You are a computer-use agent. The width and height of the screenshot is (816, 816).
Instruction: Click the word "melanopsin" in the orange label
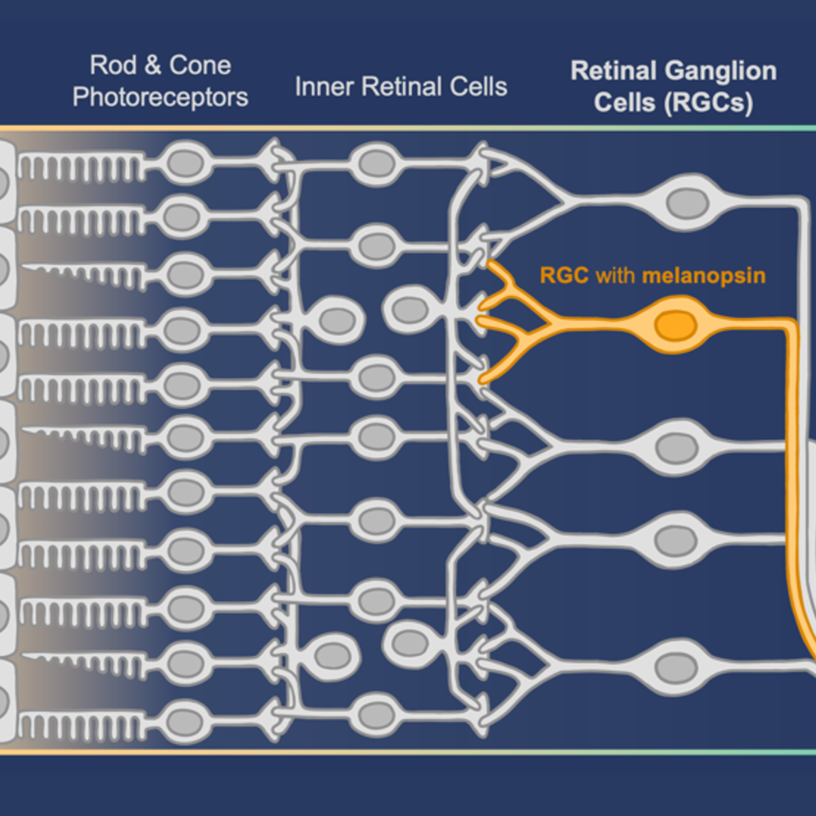[704, 275]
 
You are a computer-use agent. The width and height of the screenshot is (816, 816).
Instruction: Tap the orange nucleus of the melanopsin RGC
[675, 326]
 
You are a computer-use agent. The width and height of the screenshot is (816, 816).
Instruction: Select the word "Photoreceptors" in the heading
[160, 97]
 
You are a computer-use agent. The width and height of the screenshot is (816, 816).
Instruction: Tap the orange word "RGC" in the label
[565, 275]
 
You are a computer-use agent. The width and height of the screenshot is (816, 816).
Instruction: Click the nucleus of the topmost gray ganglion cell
[687, 203]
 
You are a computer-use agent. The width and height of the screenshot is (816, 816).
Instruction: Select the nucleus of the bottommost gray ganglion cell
[676, 668]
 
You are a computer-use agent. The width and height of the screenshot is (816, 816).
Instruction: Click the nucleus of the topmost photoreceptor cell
[184, 162]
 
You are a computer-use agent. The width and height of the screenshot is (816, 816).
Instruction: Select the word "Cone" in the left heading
[200, 65]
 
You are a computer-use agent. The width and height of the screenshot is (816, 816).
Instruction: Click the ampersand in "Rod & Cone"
[153, 65]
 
